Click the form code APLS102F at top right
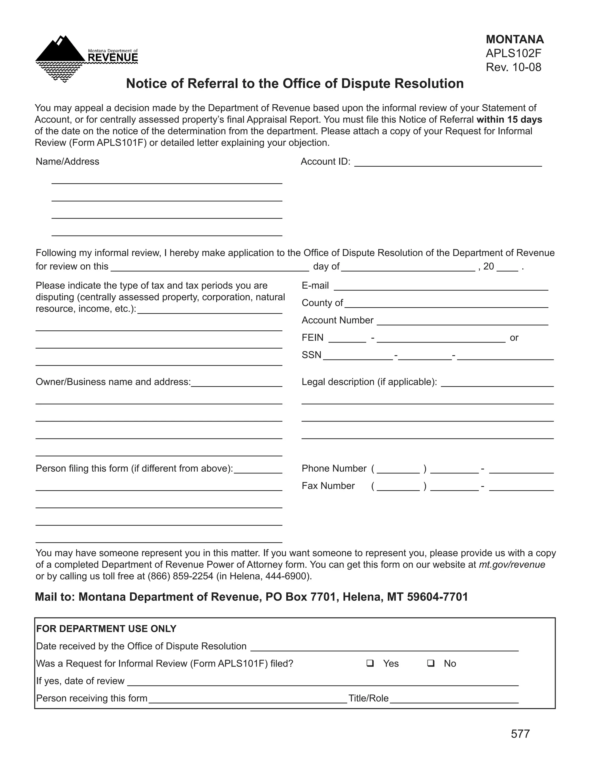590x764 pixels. (513, 53)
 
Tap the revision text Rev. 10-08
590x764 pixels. (513, 67)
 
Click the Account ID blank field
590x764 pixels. (448, 162)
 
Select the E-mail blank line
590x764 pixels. (441, 286)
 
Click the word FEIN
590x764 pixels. (313, 338)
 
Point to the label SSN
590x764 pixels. (311, 355)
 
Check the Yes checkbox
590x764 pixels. (370, 663)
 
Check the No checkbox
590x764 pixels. (431, 663)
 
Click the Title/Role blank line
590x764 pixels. (454, 699)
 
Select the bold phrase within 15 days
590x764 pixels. (509, 120)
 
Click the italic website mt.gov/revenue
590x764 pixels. (512, 564)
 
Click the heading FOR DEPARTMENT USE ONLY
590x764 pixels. (106, 628)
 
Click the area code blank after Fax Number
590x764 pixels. (398, 487)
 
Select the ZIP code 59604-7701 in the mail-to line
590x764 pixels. (437, 597)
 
